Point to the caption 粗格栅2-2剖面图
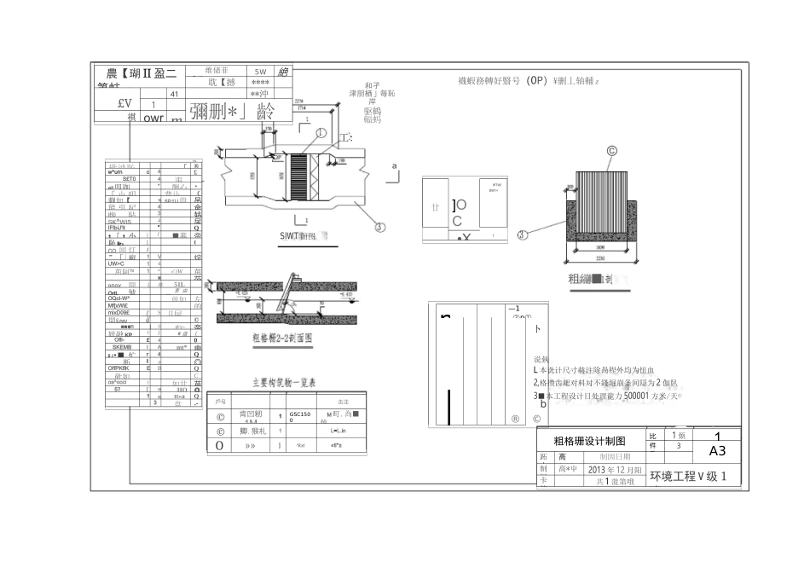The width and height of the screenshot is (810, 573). click(x=283, y=338)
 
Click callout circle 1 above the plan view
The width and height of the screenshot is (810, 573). click(x=321, y=133)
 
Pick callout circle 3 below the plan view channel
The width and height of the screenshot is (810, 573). click(x=379, y=227)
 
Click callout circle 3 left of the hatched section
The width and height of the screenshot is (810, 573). click(x=523, y=234)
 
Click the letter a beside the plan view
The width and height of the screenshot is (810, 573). click(x=394, y=167)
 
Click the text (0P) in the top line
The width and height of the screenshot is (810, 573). click(x=535, y=81)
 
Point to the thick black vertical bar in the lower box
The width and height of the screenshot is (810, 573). click(x=448, y=407)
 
